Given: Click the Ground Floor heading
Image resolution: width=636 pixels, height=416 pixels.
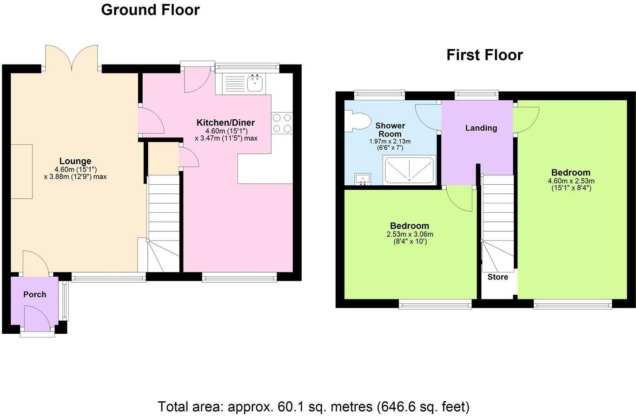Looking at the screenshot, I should (150, 10).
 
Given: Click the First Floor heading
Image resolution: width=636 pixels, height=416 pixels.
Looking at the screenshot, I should (484, 55).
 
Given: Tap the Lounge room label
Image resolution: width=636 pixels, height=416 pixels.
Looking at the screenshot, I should (75, 162).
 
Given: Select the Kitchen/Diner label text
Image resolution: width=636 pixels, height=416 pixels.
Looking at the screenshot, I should (225, 123).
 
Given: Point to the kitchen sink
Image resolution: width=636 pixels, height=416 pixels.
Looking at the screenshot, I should (255, 84).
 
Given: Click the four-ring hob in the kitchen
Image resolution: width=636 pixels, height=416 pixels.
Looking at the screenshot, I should (282, 123).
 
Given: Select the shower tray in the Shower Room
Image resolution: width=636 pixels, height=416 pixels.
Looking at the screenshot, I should (409, 170).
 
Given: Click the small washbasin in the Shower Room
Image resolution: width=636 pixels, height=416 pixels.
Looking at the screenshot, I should (363, 179).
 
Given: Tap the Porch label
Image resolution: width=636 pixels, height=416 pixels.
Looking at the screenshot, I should (35, 294).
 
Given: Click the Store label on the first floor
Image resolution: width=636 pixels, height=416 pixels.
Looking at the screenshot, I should (497, 277).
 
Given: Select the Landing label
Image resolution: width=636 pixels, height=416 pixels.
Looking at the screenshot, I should (481, 128).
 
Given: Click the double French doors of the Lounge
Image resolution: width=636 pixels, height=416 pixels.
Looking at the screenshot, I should (72, 58).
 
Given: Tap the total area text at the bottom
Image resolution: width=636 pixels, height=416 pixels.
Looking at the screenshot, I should (314, 407).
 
